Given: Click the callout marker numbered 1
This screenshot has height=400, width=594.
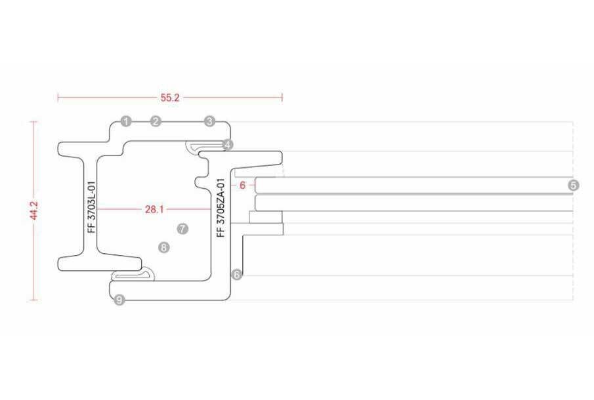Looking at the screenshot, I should tap(126, 121).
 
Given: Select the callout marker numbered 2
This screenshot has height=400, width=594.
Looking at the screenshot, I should tap(156, 121).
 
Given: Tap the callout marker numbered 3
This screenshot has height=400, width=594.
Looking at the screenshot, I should tap(209, 121).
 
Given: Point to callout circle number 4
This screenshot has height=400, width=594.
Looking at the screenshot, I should tap(228, 144).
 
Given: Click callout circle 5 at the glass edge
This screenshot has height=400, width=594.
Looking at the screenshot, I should tap(574, 186).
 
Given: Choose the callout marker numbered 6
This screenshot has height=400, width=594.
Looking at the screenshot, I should tap(236, 275).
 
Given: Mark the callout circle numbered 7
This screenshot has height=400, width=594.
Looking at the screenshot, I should tap(182, 229).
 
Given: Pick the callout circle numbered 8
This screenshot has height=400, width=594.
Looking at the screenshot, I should tap(164, 247).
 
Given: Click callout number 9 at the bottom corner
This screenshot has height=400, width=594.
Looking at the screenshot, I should tap(119, 300).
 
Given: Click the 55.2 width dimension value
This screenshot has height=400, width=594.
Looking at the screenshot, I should tap(170, 98).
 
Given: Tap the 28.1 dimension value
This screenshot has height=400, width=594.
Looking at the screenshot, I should tap(154, 210).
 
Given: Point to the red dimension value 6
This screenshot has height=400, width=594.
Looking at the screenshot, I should tap(242, 186).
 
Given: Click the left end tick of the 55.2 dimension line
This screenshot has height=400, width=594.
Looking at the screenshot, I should tap(58, 98).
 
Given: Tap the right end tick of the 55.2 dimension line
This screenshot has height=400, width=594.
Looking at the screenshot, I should tap(282, 98).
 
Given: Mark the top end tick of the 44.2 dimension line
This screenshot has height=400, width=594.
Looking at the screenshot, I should tap(34, 121).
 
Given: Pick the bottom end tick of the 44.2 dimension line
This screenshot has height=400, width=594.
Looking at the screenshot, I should tap(34, 300).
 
